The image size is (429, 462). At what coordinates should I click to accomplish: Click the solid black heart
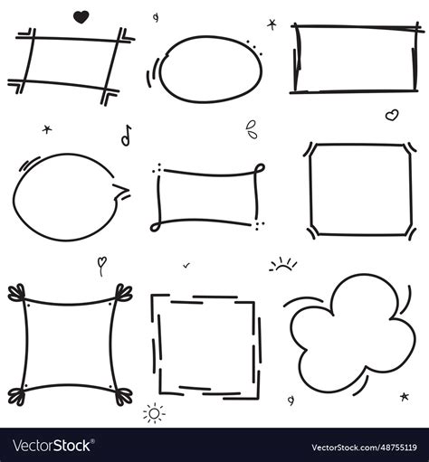81,15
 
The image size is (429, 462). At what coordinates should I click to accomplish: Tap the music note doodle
126,135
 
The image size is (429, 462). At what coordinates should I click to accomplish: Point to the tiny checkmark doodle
186,265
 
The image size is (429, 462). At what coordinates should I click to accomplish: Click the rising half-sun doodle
283,265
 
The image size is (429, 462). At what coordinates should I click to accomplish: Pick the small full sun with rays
154,414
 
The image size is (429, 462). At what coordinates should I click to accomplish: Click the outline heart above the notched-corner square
391,115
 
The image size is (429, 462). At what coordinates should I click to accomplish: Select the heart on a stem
102,265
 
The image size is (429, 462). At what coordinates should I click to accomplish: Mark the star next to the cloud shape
404,396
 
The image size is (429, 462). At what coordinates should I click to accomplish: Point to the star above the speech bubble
47,129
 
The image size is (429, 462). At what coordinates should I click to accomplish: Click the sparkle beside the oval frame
271,24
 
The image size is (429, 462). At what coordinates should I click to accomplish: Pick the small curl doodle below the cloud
291,399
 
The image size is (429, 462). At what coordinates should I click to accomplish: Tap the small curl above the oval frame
156,17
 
